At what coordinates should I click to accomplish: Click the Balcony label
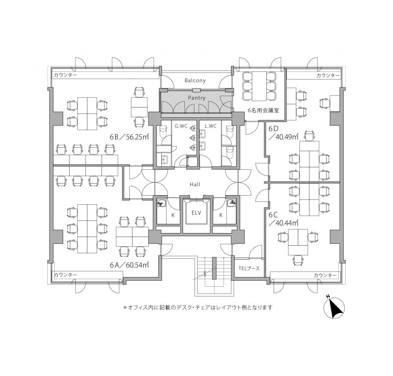(195, 80)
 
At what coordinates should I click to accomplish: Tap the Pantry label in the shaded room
(197, 98)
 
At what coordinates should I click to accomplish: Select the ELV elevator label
(196, 213)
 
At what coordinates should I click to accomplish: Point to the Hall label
(195, 184)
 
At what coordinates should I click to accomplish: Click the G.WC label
(181, 126)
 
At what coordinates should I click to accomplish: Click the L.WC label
(210, 126)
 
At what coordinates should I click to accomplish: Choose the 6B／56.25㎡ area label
(129, 137)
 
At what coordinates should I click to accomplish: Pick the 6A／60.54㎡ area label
(129, 265)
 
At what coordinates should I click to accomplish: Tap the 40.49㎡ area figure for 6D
(283, 137)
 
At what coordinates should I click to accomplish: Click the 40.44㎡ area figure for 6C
(283, 222)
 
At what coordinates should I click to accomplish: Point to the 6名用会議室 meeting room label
(263, 110)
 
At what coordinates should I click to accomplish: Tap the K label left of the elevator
(173, 215)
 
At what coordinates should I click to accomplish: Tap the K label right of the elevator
(221, 215)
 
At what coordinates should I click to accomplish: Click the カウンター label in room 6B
(65, 75)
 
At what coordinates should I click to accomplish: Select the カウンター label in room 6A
(65, 275)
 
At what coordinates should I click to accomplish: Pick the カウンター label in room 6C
(325, 275)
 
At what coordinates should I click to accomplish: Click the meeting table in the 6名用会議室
(259, 86)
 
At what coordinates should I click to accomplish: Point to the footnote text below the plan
(198, 307)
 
